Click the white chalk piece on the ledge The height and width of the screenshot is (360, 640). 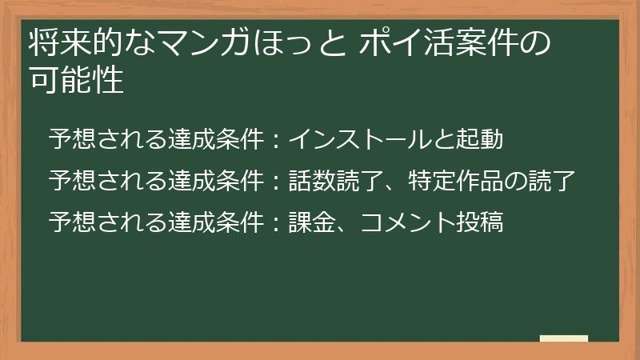tap(564, 339)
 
